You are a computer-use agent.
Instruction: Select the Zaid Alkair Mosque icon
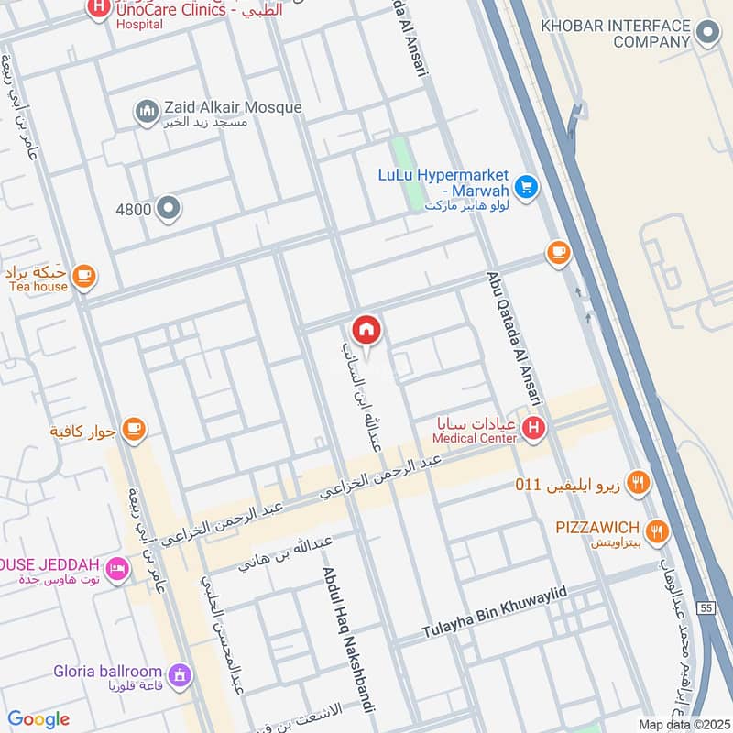[x=147, y=113]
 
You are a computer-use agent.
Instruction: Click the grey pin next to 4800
[x=168, y=209]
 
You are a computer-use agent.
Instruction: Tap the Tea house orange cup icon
[x=83, y=276]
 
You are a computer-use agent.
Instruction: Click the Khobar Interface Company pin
[x=707, y=35]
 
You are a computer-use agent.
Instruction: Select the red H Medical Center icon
[x=535, y=428]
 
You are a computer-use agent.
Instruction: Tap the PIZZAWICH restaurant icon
[x=656, y=529]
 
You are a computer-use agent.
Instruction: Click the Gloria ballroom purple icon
[x=180, y=675]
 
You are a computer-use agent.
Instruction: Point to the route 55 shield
[x=703, y=607]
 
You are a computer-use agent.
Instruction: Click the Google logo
[x=38, y=719]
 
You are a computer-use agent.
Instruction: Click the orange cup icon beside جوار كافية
[x=134, y=429]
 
